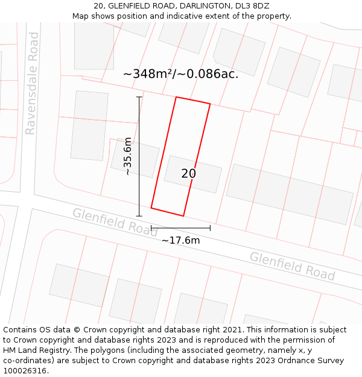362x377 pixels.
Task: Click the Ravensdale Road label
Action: (31, 83)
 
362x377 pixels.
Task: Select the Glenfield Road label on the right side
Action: (292, 266)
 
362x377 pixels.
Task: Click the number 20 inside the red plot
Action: (188, 174)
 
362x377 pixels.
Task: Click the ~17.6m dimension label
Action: (180, 241)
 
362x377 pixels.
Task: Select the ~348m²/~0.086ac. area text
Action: (180, 74)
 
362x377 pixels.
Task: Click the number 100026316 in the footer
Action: (25, 371)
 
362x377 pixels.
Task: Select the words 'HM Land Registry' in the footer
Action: (33, 350)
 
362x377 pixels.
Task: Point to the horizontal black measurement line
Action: (180, 228)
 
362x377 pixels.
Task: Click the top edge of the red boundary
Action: (193, 100)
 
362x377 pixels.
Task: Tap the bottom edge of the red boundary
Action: (167, 212)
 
